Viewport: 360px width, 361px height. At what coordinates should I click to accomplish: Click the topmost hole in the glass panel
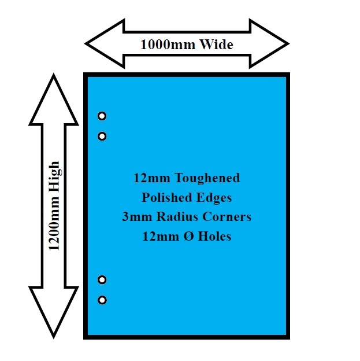pos(102,116)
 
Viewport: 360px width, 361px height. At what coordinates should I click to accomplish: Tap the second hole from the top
pos(102,137)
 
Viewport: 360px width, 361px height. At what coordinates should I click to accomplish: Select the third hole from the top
pos(102,280)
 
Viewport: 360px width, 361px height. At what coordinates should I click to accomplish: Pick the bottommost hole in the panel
pos(102,300)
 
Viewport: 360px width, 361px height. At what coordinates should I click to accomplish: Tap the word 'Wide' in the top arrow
pos(216,45)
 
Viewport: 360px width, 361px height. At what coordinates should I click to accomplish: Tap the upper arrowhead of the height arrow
pos(54,98)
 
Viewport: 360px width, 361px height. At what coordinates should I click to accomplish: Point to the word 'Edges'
pos(213,197)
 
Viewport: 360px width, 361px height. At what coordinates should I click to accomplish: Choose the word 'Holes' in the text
pos(213,237)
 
